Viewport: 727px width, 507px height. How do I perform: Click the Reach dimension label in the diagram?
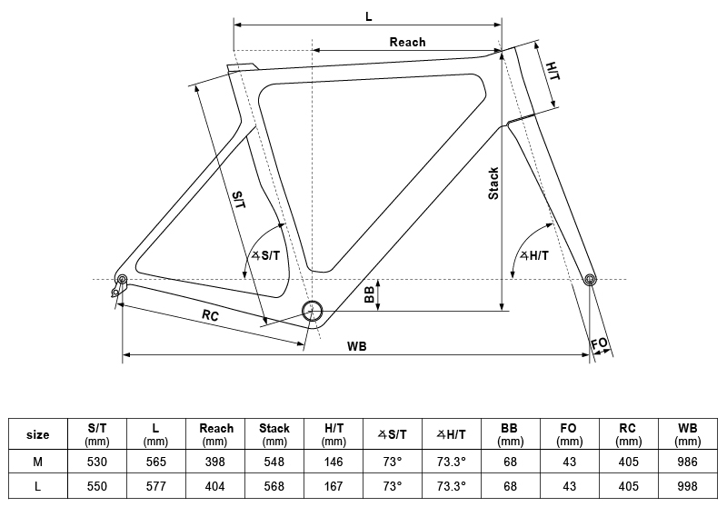pos(407,42)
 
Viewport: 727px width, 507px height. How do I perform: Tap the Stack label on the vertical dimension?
pos(493,184)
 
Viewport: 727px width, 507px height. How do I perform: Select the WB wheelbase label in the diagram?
pos(356,346)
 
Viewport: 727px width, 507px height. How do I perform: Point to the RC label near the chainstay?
pos(210,316)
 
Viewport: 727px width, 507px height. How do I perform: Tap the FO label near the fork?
pos(599,344)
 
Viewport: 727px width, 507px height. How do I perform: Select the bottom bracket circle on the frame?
pos(312,310)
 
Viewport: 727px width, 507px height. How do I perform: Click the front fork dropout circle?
pos(590,279)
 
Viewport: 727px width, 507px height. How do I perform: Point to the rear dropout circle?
pos(122,278)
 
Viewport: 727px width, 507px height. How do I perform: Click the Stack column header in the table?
pos(274,433)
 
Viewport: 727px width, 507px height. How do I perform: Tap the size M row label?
pos(37,462)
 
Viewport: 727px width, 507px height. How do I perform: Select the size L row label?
pos(37,486)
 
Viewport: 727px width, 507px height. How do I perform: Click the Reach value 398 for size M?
pos(214,462)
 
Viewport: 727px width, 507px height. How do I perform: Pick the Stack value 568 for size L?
pos(274,486)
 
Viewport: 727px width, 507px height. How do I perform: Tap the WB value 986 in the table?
pos(687,462)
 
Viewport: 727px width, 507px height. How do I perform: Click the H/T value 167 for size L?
pos(333,486)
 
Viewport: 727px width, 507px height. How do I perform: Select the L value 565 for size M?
pos(155,462)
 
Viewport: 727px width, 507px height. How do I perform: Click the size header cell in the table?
pos(37,433)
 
